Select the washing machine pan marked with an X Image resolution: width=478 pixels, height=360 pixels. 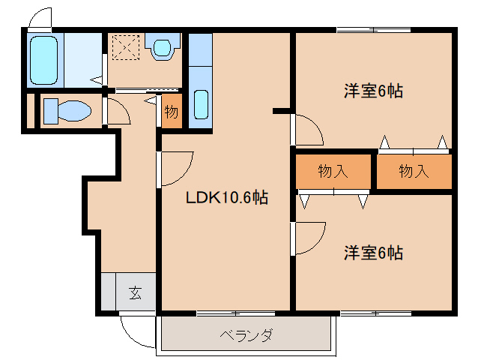click(x=124, y=49)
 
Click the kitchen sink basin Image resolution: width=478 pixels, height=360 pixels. click(x=201, y=104)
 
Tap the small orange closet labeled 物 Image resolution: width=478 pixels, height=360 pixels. click(x=171, y=112)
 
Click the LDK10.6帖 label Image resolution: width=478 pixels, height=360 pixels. click(x=227, y=198)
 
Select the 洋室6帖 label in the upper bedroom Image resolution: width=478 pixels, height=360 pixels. click(x=373, y=91)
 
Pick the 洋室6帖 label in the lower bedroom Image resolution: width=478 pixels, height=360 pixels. click(x=373, y=253)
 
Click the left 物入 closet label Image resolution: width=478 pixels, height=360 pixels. click(x=333, y=172)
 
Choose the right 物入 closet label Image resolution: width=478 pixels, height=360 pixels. click(x=414, y=172)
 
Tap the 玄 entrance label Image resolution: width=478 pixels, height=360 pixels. click(x=135, y=293)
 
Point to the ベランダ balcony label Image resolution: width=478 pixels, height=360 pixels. click(x=246, y=334)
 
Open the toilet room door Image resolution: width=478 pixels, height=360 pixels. click(x=116, y=112)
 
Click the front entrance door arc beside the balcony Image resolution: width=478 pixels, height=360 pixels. click(x=136, y=325)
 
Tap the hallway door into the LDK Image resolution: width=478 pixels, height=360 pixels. click(x=175, y=168)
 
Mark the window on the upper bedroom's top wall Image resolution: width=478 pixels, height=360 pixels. click(x=373, y=30)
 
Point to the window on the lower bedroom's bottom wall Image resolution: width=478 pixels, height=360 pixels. click(x=373, y=311)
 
